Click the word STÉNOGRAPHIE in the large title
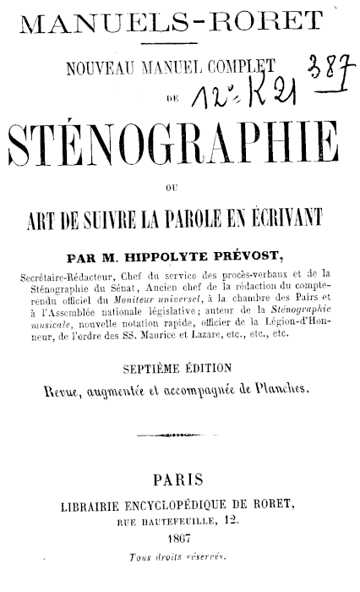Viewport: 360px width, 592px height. [x=179, y=146]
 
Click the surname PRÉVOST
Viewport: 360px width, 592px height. [x=254, y=255]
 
